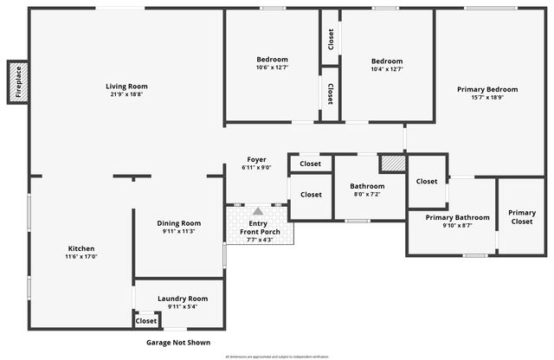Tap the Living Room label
pyautogui.click(x=126, y=86)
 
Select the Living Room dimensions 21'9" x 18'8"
pyautogui.click(x=126, y=94)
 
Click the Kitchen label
pyautogui.click(x=81, y=248)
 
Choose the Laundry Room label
pyautogui.click(x=182, y=299)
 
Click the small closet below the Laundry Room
pyautogui.click(x=146, y=321)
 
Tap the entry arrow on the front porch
pyautogui.click(x=257, y=211)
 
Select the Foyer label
pyautogui.click(x=256, y=159)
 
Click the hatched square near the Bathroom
pyautogui.click(x=393, y=163)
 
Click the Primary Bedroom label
pyautogui.click(x=487, y=89)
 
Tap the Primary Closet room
pyautogui.click(x=521, y=217)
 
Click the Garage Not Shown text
pyautogui.click(x=178, y=343)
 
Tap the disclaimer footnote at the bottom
pyautogui.click(x=277, y=357)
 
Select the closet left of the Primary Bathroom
pyautogui.click(x=427, y=182)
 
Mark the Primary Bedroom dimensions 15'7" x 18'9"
pyautogui.click(x=487, y=98)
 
